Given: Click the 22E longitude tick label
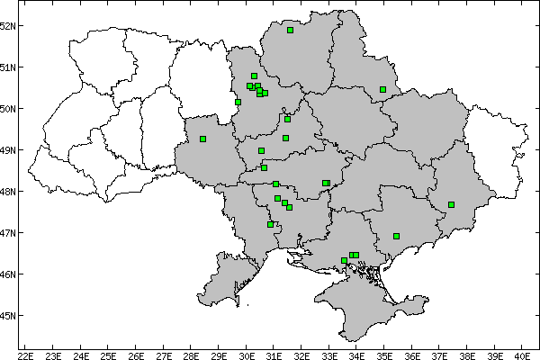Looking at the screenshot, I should [25, 355].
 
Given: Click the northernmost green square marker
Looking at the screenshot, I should [291, 30].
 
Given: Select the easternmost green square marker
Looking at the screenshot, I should [451, 204].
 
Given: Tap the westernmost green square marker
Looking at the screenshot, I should [203, 139].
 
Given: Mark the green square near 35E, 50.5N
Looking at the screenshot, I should [382, 89].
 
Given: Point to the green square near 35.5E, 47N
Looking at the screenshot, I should [396, 236].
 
